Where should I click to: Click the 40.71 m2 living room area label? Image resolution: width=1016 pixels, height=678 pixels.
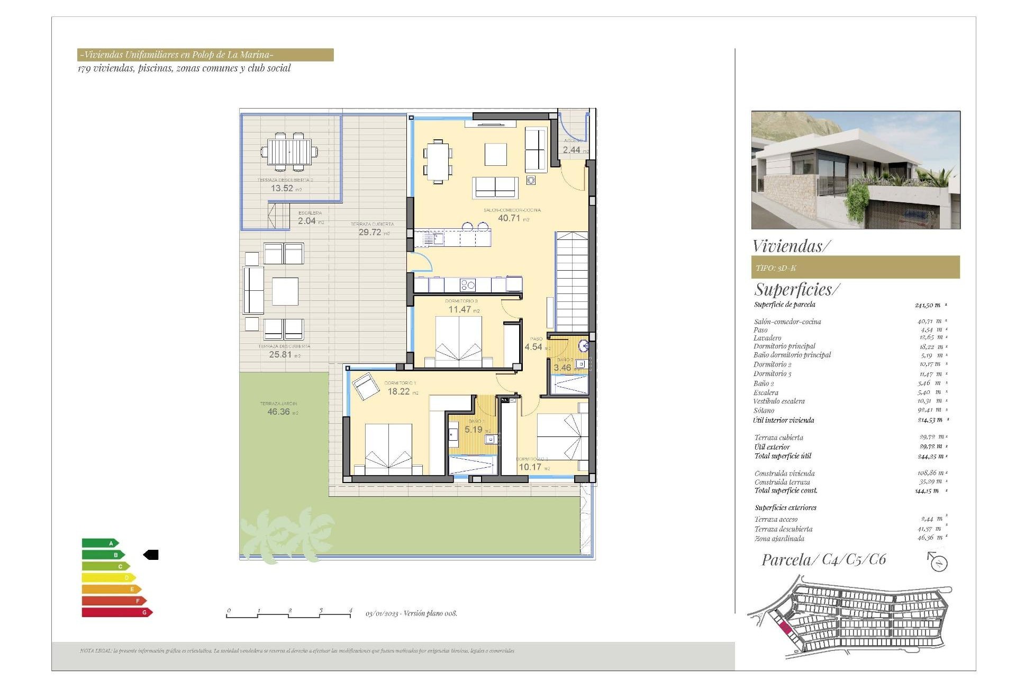point(509,218)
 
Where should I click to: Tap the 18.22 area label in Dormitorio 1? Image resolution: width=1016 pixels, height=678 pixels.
point(399,391)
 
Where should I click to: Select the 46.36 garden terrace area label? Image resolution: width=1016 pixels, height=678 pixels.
point(279,412)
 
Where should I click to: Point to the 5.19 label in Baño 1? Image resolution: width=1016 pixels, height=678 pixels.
point(474,430)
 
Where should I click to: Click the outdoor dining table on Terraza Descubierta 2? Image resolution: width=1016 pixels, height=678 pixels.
point(289,152)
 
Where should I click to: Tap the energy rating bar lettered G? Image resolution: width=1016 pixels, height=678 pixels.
point(116,612)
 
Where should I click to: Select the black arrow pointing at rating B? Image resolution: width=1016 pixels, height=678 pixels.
point(151,555)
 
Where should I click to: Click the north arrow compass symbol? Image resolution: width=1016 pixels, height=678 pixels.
point(938,562)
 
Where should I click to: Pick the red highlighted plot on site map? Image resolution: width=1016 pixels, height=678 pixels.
point(785,629)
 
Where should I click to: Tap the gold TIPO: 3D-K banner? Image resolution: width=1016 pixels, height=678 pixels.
point(855,267)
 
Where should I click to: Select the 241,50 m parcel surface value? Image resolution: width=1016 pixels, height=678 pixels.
point(928,305)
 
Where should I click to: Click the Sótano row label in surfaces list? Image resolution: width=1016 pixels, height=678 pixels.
point(764,411)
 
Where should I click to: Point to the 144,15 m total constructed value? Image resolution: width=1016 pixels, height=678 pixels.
point(927,491)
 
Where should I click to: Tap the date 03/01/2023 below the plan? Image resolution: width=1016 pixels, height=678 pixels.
point(382,613)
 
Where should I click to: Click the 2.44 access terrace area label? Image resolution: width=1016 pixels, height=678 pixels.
point(571,150)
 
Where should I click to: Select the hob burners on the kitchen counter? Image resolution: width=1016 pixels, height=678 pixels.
point(468,286)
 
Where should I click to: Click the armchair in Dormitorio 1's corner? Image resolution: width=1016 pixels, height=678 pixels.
point(365,386)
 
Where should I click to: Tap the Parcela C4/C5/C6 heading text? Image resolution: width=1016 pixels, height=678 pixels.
point(823,560)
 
